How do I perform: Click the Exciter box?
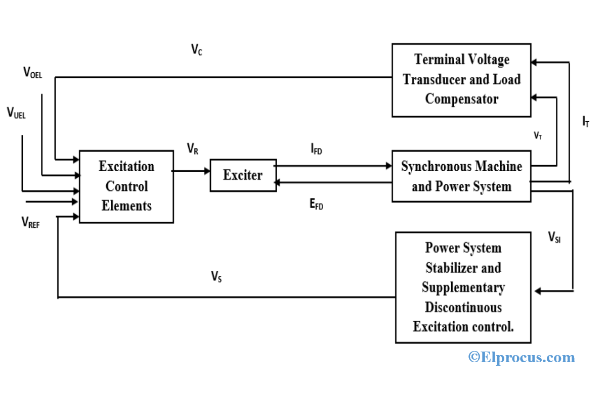coord(243,175)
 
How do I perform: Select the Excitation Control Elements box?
coord(126,186)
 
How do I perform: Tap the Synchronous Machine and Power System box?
coord(461,176)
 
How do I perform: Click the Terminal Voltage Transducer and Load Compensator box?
coord(461,79)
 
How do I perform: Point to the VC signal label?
coord(197,50)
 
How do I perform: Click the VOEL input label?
coord(33,73)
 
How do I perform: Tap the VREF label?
coord(30,222)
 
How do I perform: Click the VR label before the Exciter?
coord(192,149)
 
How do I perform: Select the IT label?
coord(585,121)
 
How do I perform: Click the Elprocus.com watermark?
coord(522,358)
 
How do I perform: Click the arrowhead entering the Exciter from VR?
coord(207,171)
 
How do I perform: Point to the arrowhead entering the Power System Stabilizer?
coord(538,291)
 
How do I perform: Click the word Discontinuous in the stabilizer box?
coord(463,307)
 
